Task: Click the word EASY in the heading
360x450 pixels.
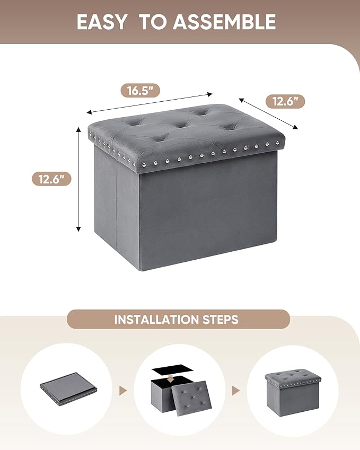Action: pyautogui.click(x=102, y=22)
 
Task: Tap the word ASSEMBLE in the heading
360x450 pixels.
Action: pyautogui.click(x=224, y=22)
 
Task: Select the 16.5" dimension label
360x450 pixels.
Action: pyautogui.click(x=140, y=91)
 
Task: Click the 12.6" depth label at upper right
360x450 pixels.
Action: pyautogui.click(x=285, y=101)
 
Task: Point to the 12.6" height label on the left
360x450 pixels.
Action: pyautogui.click(x=51, y=179)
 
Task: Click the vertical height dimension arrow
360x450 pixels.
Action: pyautogui.click(x=78, y=179)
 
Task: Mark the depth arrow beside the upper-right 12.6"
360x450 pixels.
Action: pyautogui.click(x=268, y=113)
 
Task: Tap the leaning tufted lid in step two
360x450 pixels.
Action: pyautogui.click(x=191, y=396)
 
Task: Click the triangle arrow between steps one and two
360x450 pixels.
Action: pyautogui.click(x=123, y=391)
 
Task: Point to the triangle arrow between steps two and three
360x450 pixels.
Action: pyautogui.click(x=236, y=391)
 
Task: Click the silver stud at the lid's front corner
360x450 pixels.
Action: pyautogui.click(x=143, y=165)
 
